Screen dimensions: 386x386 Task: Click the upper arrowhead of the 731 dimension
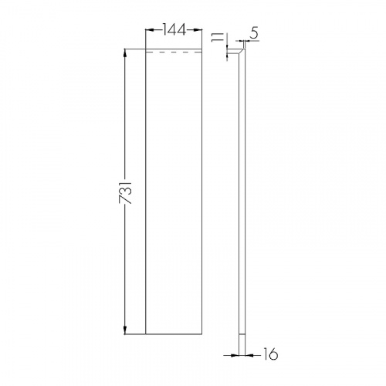point(125,52)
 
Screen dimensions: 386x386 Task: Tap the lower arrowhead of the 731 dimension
point(125,333)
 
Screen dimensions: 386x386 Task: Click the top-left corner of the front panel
point(147,49)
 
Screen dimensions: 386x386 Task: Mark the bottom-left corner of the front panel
point(147,336)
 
